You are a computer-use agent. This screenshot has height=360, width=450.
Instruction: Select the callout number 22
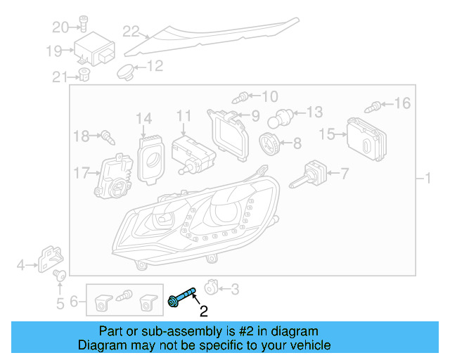point(131,30)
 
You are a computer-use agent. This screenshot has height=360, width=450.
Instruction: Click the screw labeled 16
point(375,107)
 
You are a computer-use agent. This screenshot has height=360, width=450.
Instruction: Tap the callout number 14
point(144,117)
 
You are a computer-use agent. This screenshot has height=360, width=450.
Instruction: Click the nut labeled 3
point(211,288)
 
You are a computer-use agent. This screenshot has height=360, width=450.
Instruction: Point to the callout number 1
point(426,178)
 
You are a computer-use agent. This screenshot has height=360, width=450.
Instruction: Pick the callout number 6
point(74,304)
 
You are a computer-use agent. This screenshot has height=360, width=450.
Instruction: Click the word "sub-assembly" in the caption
point(162,331)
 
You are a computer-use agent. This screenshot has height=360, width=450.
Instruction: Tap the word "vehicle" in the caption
point(308,345)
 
